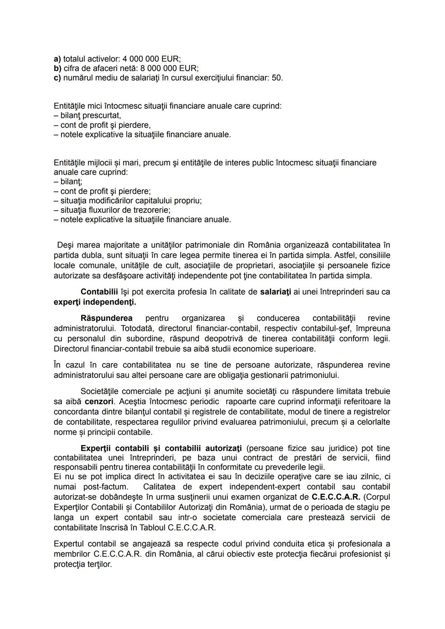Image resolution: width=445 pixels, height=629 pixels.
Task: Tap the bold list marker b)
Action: pos(57,68)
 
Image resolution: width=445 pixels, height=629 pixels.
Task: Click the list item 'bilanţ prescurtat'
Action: pos(90,115)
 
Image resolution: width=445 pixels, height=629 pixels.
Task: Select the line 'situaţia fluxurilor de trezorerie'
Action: pos(115,210)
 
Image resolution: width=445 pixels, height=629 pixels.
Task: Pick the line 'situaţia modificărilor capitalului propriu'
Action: pos(131,200)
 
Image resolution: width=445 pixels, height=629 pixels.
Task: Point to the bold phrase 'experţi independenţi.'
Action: pos(95,302)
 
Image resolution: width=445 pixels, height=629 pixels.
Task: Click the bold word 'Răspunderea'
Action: pos(106,318)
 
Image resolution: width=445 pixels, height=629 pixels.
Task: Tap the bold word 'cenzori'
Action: pos(99,402)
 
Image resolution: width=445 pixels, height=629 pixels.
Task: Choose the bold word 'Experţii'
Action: pos(96,448)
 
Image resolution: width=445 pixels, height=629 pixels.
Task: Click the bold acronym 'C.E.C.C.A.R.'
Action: pos(336,497)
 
